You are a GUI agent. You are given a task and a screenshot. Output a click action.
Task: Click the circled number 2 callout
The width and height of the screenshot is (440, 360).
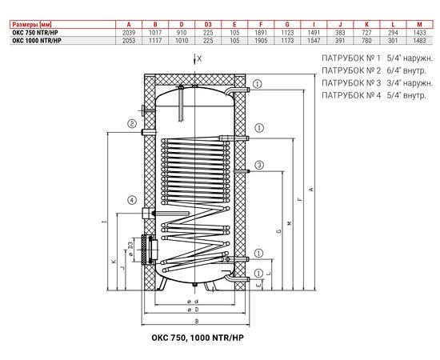click(x=130, y=123)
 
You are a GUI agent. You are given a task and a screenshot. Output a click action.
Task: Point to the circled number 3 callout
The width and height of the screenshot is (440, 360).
click(x=258, y=166)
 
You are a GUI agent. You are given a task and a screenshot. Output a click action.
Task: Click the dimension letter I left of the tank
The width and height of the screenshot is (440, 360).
click(x=94, y=222)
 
